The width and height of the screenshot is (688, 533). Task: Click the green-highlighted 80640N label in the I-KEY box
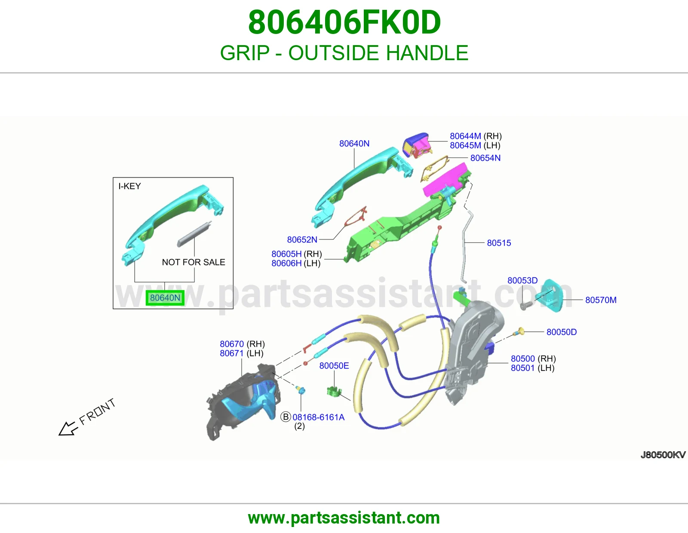[165, 298]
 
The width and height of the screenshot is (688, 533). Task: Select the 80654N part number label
[485, 158]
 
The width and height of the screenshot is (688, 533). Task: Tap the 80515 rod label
[499, 243]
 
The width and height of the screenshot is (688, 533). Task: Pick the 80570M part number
[601, 300]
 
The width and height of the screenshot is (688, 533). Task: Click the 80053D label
[522, 280]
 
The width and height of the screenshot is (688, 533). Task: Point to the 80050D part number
[561, 332]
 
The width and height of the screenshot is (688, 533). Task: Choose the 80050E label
[334, 365]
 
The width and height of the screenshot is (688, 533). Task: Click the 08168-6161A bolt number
[318, 417]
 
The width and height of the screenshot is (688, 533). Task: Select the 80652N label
[302, 239]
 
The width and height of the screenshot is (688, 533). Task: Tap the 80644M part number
[465, 136]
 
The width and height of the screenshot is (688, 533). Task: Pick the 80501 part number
[522, 368]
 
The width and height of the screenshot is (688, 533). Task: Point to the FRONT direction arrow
[68, 429]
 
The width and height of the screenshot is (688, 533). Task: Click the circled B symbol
[286, 417]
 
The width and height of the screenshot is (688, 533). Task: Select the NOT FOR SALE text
[193, 262]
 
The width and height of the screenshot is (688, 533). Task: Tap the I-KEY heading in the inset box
[129, 186]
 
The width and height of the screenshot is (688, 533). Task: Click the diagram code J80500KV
[663, 455]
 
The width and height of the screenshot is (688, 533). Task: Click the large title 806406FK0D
[344, 22]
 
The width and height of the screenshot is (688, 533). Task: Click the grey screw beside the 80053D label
[524, 306]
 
